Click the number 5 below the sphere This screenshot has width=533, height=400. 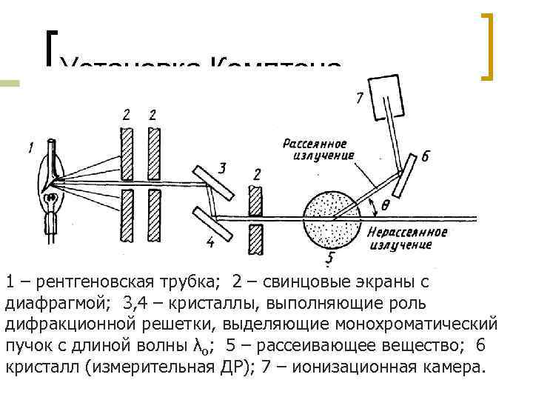click(x=331, y=259)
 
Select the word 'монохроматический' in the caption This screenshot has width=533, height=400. click(x=416, y=324)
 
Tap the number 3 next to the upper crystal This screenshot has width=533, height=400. click(x=222, y=167)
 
